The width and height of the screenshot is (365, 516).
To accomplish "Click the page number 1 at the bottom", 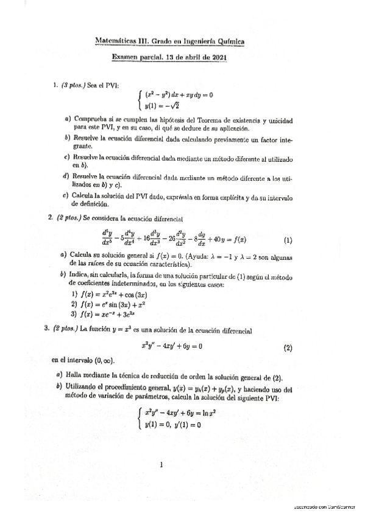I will click(x=161, y=465).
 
